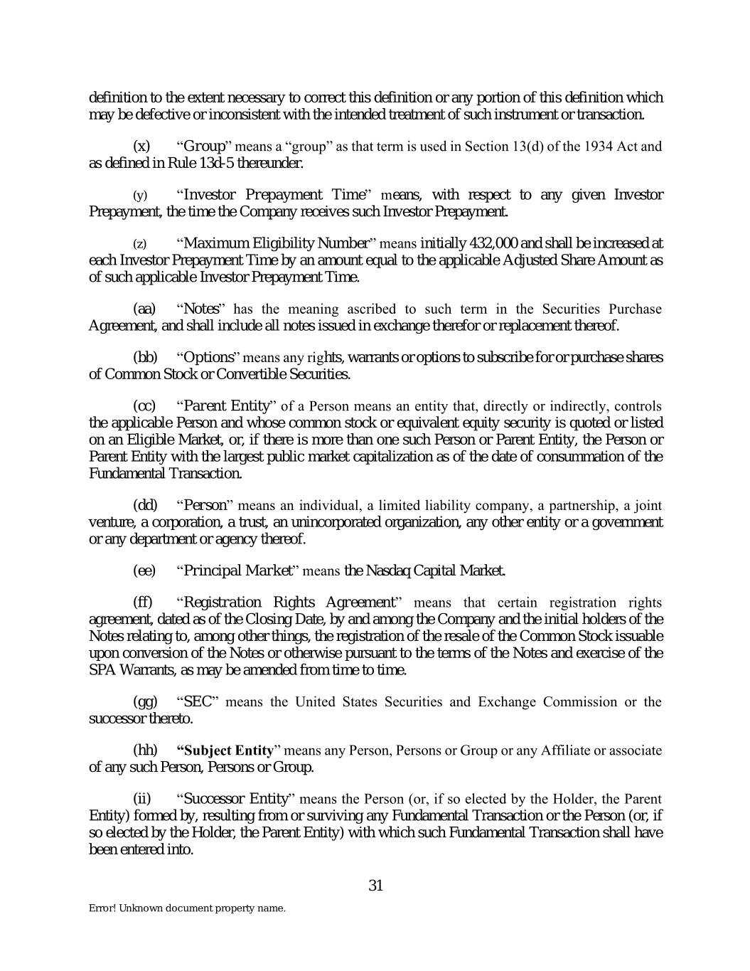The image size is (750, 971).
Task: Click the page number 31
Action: click(x=376, y=886)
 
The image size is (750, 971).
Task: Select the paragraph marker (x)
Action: click(x=142, y=147)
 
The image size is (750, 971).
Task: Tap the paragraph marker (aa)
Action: click(x=144, y=309)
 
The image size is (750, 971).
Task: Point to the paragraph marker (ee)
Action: click(x=144, y=571)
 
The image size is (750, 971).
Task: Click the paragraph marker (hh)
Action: click(x=145, y=750)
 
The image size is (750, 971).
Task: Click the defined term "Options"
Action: click(x=208, y=357)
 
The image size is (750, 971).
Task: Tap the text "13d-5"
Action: click(x=245, y=163)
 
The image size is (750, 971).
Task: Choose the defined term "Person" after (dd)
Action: click(x=205, y=506)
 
